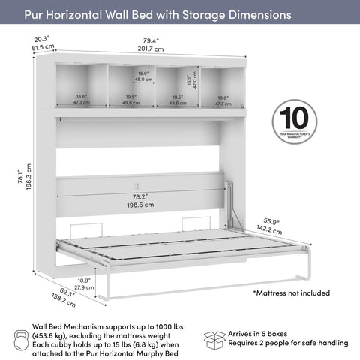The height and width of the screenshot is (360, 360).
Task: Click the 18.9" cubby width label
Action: [142, 73]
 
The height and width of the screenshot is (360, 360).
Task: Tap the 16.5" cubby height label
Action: [190, 76]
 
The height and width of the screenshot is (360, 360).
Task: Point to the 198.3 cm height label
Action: [29, 177]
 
